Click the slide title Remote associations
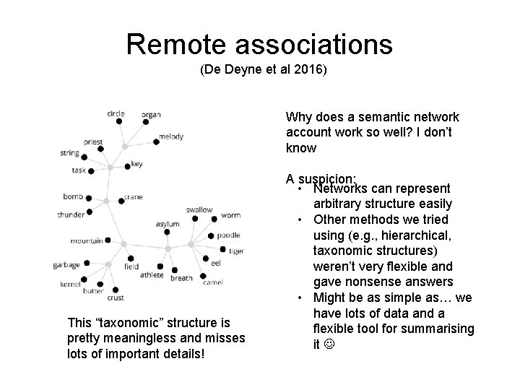point(259,44)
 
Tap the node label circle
point(116,113)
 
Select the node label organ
point(151,114)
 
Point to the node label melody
point(171,136)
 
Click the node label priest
point(93,143)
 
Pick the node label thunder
point(71,214)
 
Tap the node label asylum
point(168,224)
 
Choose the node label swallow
point(199,209)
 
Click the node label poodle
point(228,235)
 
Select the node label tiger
point(236,251)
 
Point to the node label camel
point(213,282)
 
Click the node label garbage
point(66,264)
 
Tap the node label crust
point(116,297)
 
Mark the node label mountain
point(87,240)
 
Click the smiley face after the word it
point(330,344)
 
